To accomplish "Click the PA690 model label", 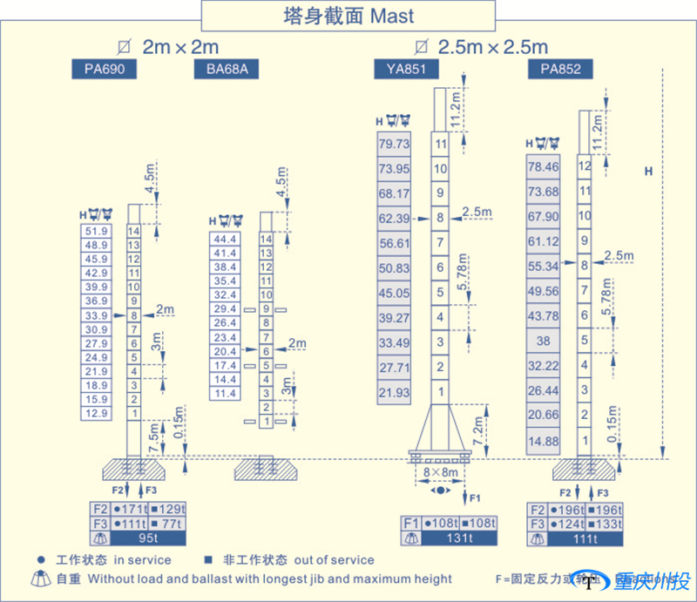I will pyautogui.click(x=104, y=69).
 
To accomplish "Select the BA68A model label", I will pyautogui.click(x=227, y=69).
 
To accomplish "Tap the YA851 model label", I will pyautogui.click(x=406, y=69).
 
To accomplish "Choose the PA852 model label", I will pyautogui.click(x=560, y=69).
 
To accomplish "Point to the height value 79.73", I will pyautogui.click(x=394, y=144).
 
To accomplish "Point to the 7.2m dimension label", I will pyautogui.click(x=478, y=430).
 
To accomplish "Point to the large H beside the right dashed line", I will pyautogui.click(x=648, y=172).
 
